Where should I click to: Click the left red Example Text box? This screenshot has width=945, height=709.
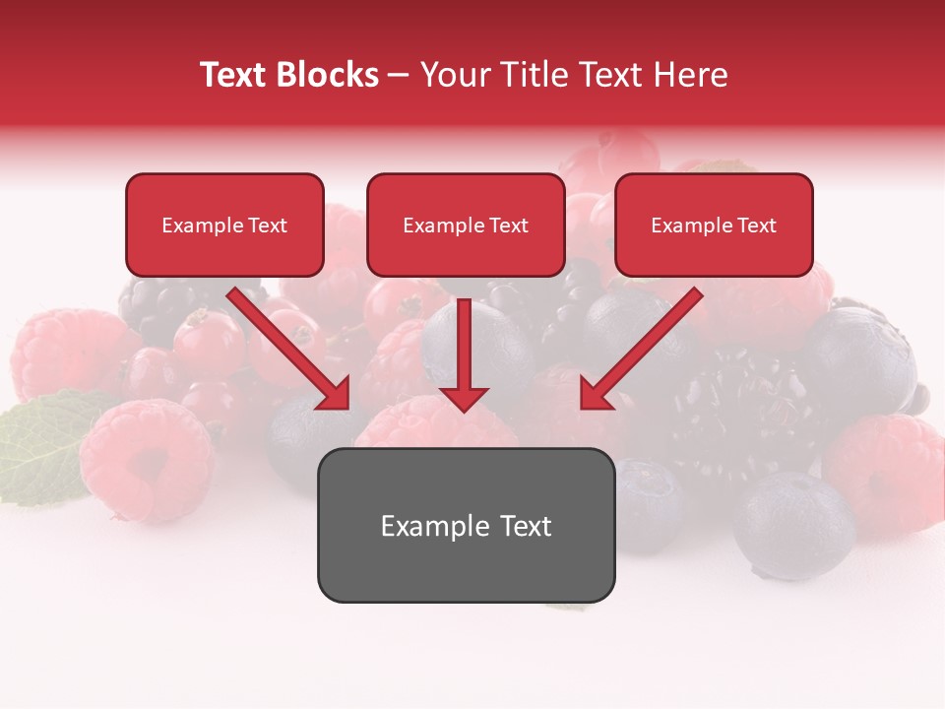[x=224, y=226]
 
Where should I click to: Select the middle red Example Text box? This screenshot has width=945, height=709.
[x=466, y=226]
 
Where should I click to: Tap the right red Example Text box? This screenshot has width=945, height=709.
[x=714, y=226]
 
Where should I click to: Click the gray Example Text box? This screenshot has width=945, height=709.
[x=466, y=526]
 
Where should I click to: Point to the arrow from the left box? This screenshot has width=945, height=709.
[x=285, y=346]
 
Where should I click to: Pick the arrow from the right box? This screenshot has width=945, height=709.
[x=645, y=346]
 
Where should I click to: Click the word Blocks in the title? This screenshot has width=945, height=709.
[x=329, y=75]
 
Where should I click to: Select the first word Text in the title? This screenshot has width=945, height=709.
[x=236, y=75]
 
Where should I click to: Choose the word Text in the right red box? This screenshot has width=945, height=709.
[x=756, y=226]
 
